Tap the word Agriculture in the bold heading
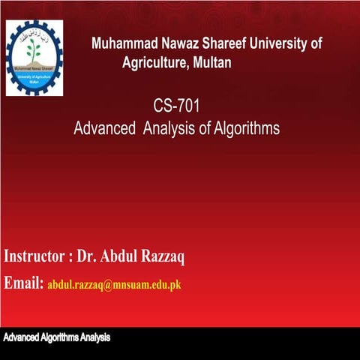(x=154, y=63)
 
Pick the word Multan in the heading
(x=212, y=63)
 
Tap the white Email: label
(x=24, y=283)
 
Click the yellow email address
(x=115, y=285)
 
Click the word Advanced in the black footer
(x=21, y=338)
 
